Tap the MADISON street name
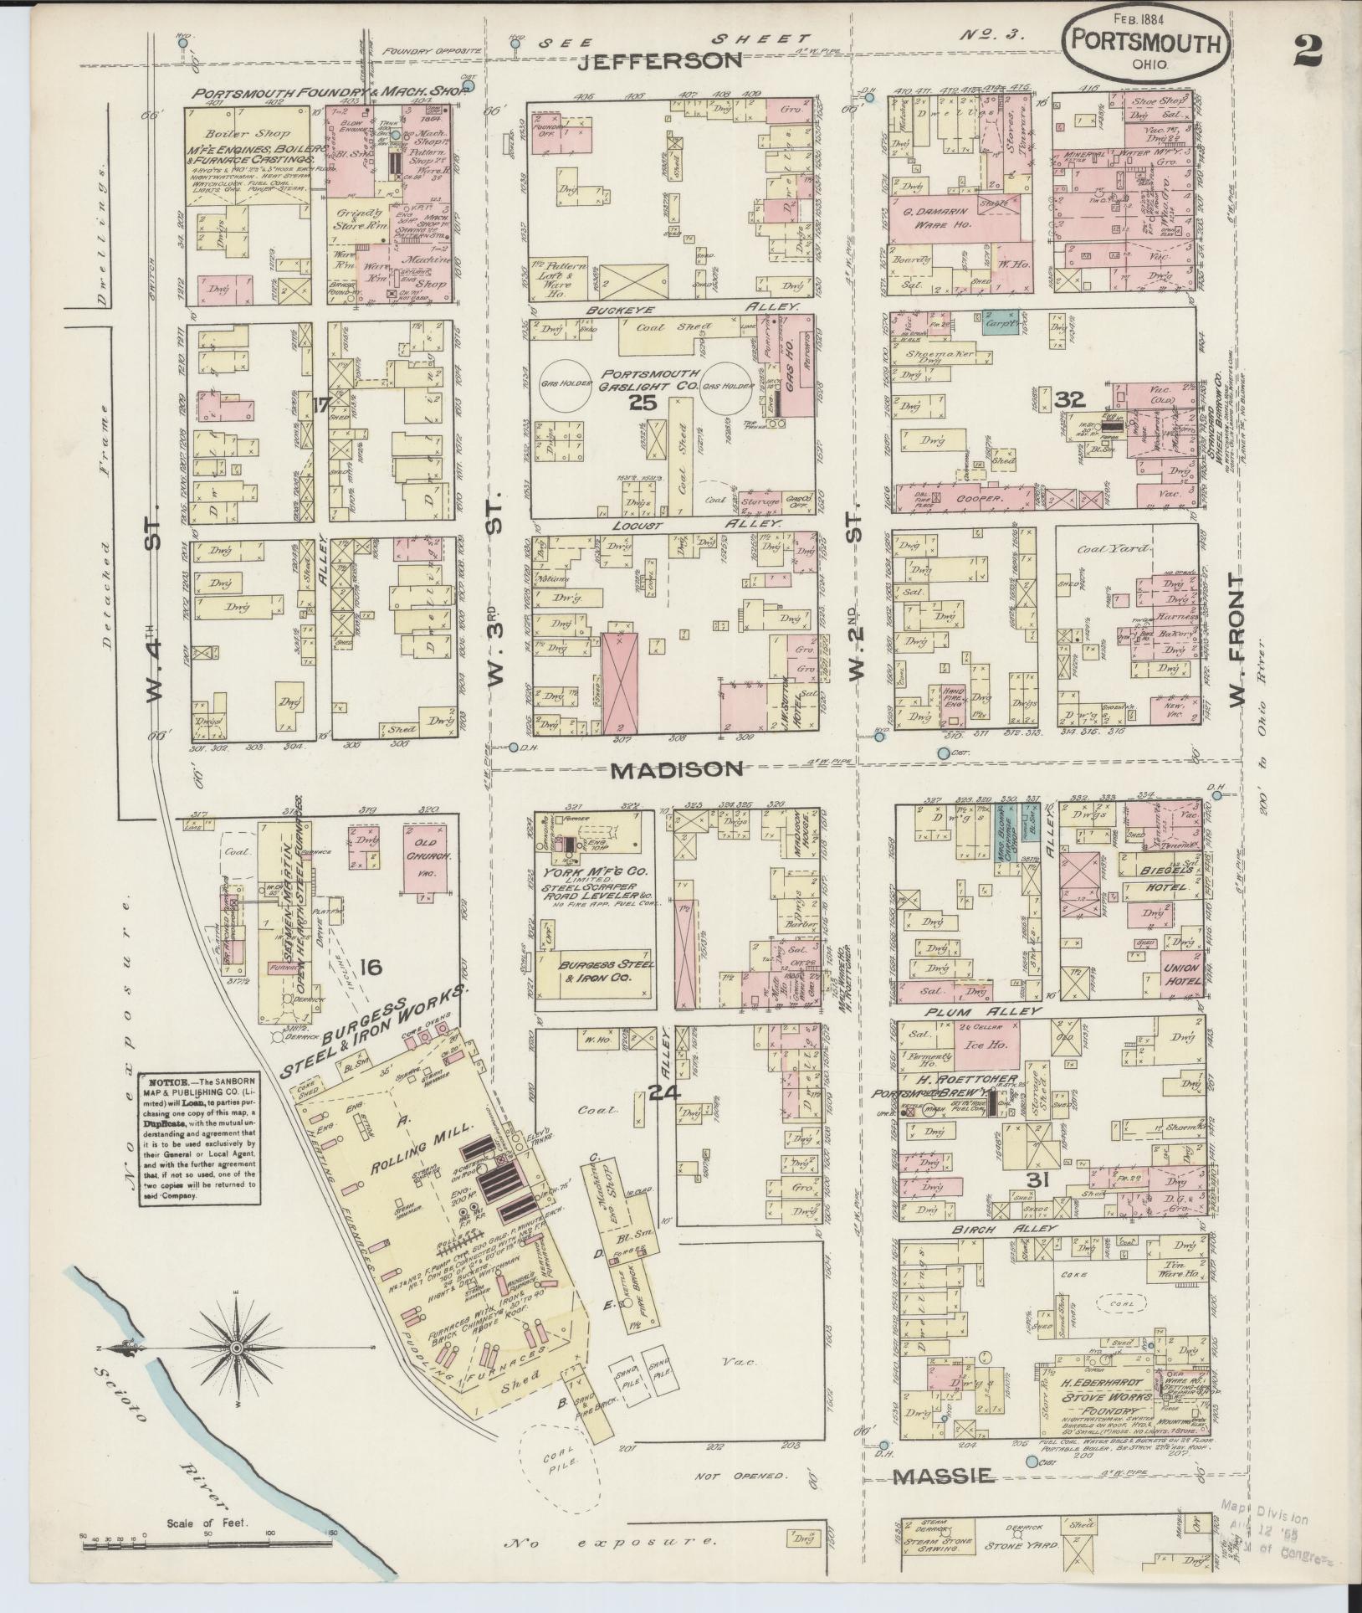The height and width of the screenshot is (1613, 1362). point(676,769)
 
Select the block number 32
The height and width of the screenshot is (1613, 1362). point(1069,400)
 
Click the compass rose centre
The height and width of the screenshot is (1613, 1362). point(237,1348)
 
